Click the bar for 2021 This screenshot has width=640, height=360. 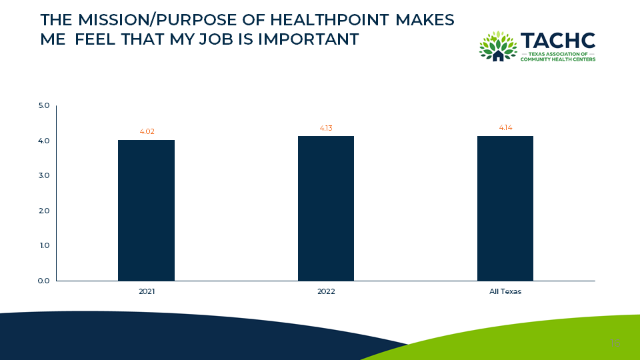pos(146,210)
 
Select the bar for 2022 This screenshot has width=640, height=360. pos(326,208)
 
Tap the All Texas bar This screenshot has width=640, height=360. pos(505,208)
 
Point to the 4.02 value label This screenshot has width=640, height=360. pos(147,132)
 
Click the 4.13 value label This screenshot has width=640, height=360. pos(326,128)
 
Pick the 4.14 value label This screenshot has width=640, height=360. pos(505,128)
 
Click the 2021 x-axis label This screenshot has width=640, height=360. pos(146,292)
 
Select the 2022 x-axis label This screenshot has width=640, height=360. pos(326,292)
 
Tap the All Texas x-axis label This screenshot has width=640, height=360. pos(505,292)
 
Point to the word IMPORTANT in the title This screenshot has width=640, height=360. pos(308,39)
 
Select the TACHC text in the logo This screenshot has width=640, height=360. pos(557,41)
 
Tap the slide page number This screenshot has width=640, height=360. pos(615,343)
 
